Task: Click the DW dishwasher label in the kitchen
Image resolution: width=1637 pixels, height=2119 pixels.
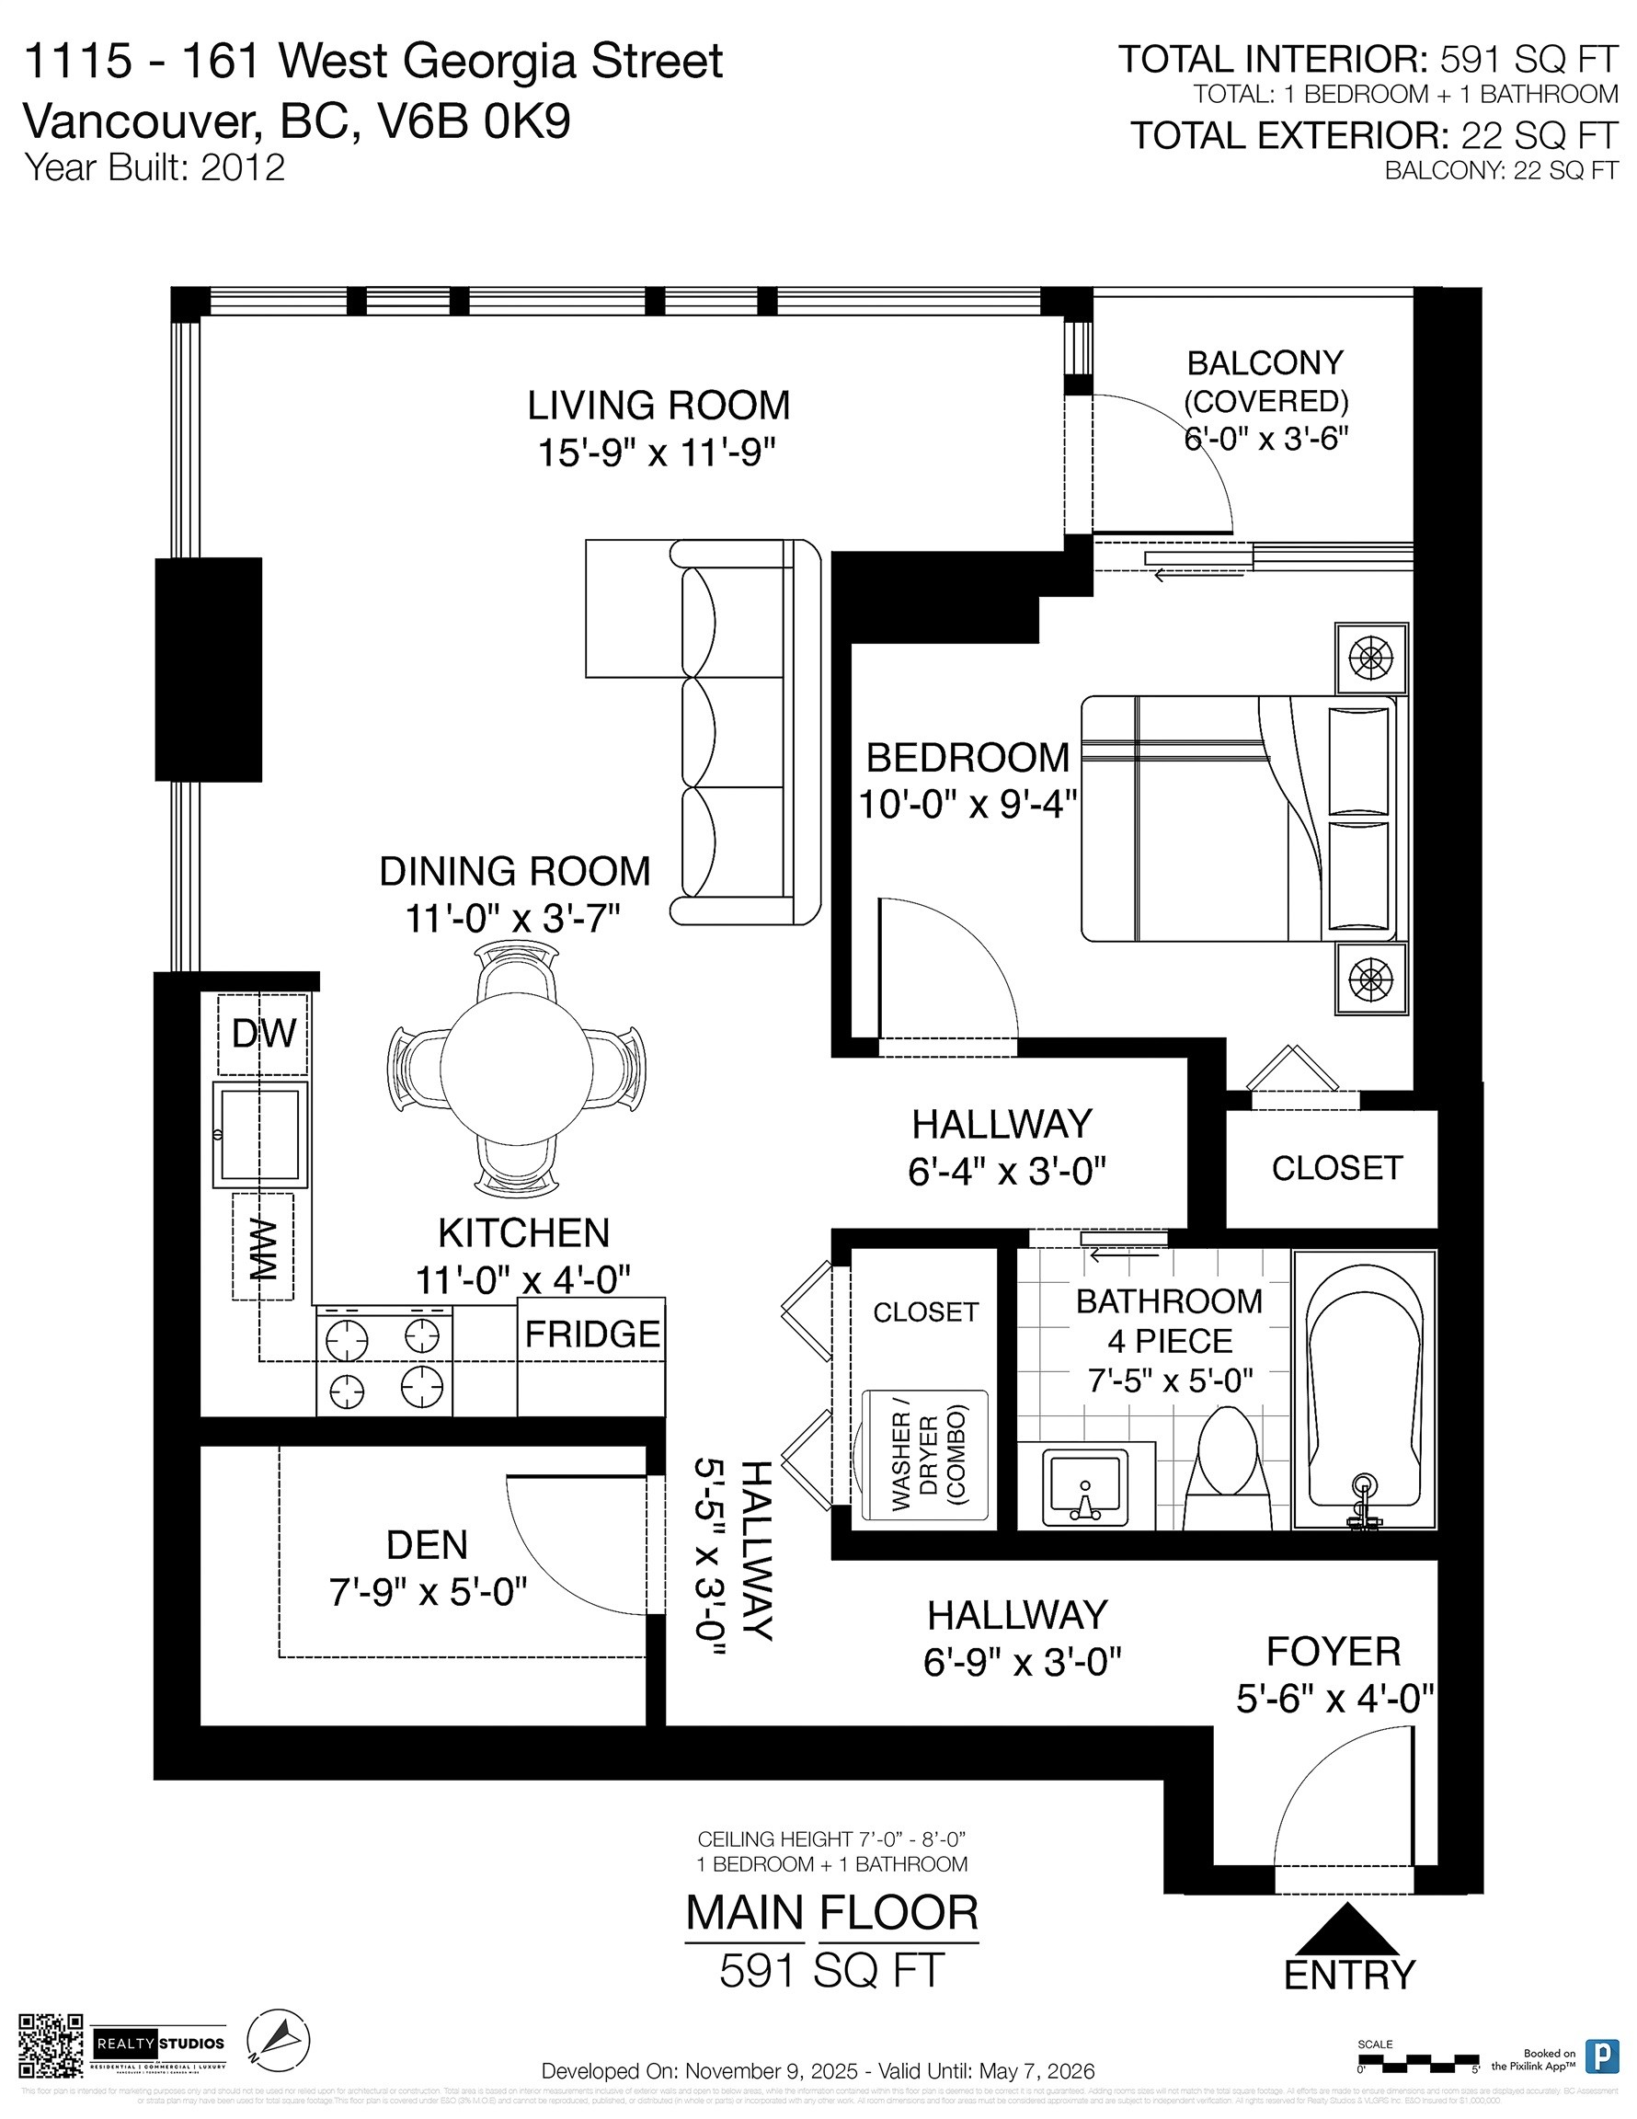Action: click(x=263, y=1034)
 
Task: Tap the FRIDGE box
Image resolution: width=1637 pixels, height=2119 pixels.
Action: click(x=592, y=1336)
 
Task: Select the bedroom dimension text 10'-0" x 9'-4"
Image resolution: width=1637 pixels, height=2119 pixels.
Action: click(x=967, y=805)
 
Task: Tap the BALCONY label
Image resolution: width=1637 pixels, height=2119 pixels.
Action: click(x=1265, y=363)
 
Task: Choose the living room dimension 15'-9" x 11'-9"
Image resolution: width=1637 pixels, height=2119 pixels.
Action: click(x=658, y=452)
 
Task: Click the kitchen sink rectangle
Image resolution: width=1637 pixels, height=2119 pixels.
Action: click(x=260, y=1133)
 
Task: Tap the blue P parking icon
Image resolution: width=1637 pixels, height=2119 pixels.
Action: click(x=1601, y=2055)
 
